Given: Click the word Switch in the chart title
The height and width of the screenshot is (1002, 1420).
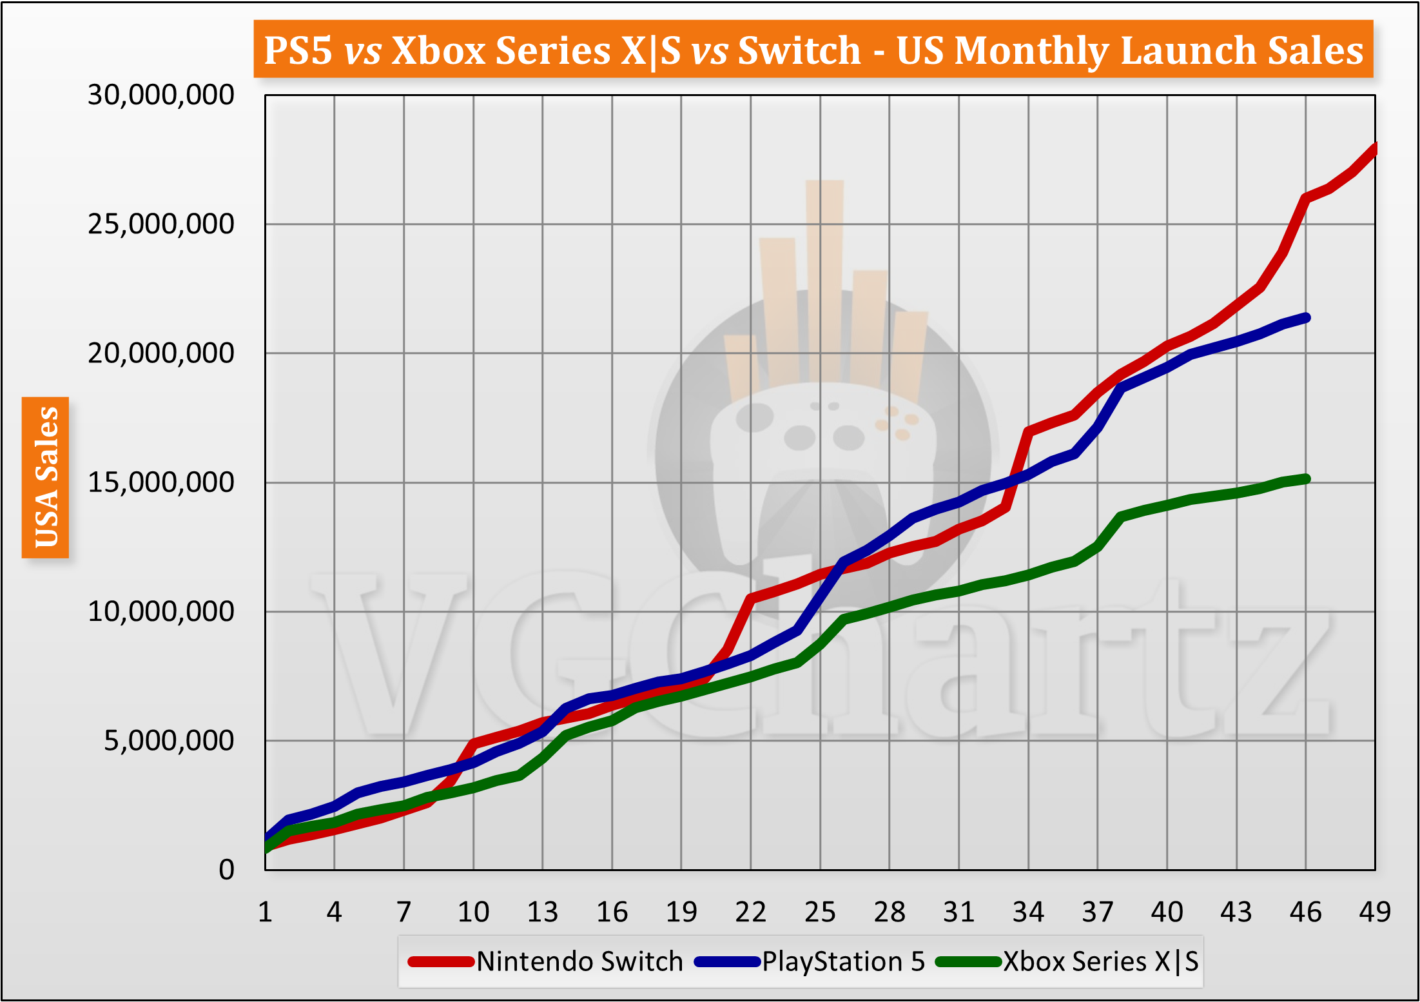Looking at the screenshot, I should pyautogui.click(x=799, y=50).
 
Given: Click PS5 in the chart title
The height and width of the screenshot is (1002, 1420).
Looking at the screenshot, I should pyautogui.click(x=298, y=50).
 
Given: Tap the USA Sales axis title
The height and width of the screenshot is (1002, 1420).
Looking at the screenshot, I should pyautogui.click(x=46, y=477).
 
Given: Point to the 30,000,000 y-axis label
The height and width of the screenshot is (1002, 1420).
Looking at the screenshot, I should pyautogui.click(x=161, y=95).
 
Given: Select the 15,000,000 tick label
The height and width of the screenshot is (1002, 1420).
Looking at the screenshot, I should pyautogui.click(x=161, y=482).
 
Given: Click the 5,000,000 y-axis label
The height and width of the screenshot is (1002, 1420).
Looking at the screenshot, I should pyautogui.click(x=169, y=740).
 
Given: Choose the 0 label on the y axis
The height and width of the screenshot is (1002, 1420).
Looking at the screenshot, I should pyautogui.click(x=226, y=870).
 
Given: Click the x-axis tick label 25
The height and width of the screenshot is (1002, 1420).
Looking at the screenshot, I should pyautogui.click(x=820, y=912).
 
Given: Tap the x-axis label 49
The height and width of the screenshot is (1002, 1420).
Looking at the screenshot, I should pyautogui.click(x=1374, y=912).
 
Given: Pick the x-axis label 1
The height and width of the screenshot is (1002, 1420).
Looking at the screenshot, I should pyautogui.click(x=265, y=912).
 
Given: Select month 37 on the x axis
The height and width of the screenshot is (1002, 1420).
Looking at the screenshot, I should pyautogui.click(x=1097, y=912).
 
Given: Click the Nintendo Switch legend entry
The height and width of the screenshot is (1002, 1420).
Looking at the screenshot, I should pyautogui.click(x=579, y=961).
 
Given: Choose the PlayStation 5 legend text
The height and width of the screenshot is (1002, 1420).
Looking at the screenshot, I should pyautogui.click(x=843, y=961).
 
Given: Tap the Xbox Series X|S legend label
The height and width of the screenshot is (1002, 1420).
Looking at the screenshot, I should pyautogui.click(x=1101, y=961).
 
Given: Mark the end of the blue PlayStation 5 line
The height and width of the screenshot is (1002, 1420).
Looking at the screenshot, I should pyautogui.click(x=1306, y=317).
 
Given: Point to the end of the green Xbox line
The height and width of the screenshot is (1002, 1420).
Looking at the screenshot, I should pyautogui.click(x=1306, y=478).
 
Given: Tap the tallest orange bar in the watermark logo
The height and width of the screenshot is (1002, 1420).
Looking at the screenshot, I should pyautogui.click(x=824, y=277).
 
